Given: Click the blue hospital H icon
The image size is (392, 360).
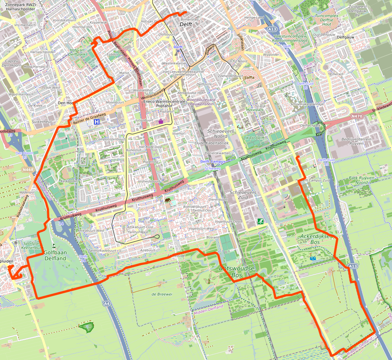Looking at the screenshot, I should click(96, 122).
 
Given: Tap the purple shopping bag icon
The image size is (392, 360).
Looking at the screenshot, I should click(161, 121).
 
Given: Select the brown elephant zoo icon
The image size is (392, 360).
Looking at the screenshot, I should click(168, 201).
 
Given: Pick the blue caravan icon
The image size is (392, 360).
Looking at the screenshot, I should click(312, 259).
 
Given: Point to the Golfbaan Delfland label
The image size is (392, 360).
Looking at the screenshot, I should click(55, 256).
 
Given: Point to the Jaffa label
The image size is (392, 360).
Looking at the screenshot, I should click(250, 78).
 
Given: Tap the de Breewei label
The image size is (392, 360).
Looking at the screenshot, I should click(162, 294).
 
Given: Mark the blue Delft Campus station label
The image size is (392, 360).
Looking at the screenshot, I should click(213, 161).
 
